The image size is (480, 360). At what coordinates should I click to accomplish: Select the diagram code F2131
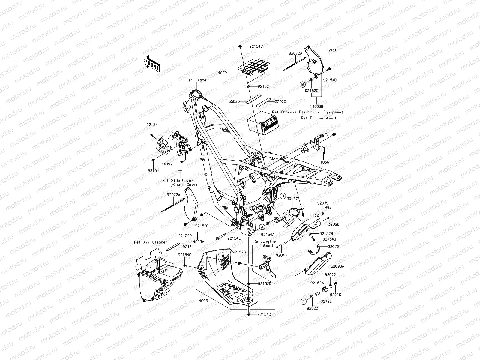click(331, 50)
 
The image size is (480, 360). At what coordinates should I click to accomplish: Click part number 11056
click(324, 162)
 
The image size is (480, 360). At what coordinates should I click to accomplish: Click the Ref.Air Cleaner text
click(151, 242)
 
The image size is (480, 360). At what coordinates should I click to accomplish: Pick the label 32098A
click(337, 266)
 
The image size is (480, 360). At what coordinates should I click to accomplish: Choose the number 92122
click(326, 301)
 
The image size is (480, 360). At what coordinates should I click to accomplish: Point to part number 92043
click(281, 255)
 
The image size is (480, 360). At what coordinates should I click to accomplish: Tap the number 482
click(328, 207)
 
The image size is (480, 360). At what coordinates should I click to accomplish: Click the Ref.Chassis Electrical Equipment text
click(307, 112)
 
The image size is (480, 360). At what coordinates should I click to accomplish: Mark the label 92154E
click(234, 238)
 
